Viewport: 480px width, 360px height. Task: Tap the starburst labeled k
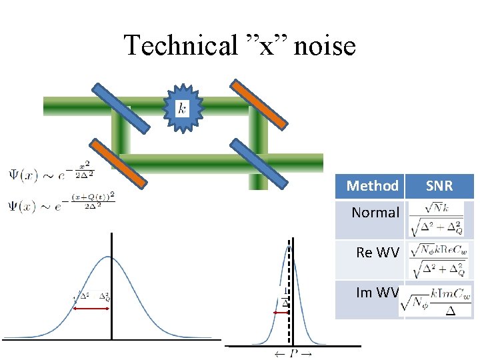click(182, 107)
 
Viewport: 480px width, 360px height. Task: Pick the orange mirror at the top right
click(259, 104)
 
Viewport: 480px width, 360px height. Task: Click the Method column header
click(372, 186)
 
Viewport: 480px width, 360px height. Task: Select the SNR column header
click(439, 186)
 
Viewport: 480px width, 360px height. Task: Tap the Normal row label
click(375, 213)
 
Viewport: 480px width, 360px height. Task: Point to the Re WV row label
click(377, 253)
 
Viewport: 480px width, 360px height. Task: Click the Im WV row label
click(377, 292)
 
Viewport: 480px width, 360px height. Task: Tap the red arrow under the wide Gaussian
click(92, 309)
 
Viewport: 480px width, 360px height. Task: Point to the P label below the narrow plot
click(293, 353)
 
